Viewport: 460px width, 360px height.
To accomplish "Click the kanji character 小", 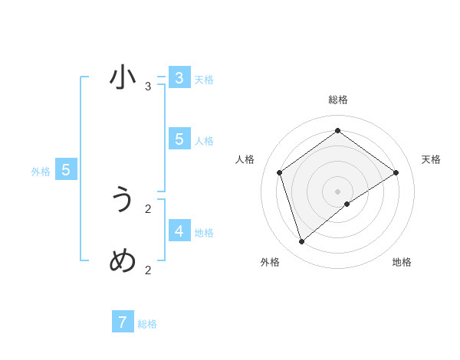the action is [x=123, y=78].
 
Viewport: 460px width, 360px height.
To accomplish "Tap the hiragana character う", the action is [x=123, y=200].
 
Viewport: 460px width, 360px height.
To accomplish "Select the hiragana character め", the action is [x=123, y=261].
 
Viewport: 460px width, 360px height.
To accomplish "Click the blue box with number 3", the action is [x=179, y=78].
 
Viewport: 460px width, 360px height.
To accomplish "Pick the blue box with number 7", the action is [x=123, y=322].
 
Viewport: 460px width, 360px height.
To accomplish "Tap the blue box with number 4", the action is [x=179, y=231].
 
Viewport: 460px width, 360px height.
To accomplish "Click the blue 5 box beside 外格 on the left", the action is [x=66, y=170].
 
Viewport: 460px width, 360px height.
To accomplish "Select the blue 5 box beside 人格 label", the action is [x=179, y=139].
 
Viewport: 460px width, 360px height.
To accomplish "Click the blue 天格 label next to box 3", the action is [x=204, y=80].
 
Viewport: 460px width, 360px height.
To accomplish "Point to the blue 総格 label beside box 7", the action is [x=147, y=324].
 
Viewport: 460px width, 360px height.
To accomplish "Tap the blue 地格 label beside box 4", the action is [x=204, y=233].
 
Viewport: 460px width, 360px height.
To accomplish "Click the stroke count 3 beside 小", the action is [x=148, y=87].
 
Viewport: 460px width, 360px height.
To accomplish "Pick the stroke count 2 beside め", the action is [x=148, y=270].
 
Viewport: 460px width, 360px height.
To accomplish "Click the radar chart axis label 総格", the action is [x=337, y=100].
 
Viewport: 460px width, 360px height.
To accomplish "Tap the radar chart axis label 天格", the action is [x=432, y=159].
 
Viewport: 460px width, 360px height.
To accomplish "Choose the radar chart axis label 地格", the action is [x=402, y=262].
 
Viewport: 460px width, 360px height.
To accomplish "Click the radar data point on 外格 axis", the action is [x=302, y=242].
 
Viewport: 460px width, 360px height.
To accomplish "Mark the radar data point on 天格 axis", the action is [x=396, y=172].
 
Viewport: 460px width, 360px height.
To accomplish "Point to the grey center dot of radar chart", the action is [x=337, y=191].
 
